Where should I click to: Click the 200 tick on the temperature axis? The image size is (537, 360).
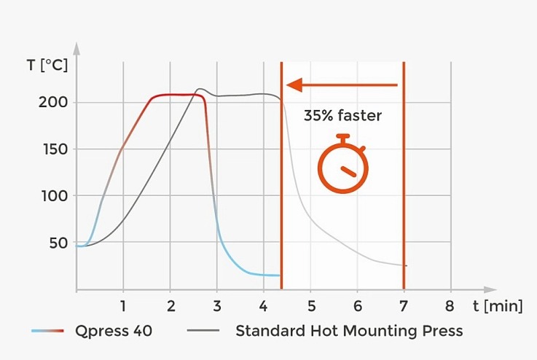[x=53, y=102]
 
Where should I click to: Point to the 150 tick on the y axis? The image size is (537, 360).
[x=53, y=149]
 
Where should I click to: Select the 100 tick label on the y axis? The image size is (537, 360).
[x=53, y=196]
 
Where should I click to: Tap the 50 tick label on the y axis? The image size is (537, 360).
[x=58, y=243]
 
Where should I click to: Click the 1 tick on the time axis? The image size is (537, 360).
[x=123, y=305]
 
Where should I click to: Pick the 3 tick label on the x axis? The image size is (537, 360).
[x=216, y=305]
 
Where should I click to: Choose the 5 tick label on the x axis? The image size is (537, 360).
[x=310, y=305]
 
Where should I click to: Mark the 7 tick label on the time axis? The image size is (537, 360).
[x=404, y=305]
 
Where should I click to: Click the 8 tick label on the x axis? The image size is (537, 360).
[x=450, y=305]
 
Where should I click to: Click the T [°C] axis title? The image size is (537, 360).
[x=47, y=65]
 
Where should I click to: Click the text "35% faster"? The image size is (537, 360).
[x=342, y=114]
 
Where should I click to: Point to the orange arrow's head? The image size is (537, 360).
[x=293, y=85]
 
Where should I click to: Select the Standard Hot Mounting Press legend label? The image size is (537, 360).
[x=349, y=331]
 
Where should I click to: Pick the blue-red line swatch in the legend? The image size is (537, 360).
[x=50, y=332]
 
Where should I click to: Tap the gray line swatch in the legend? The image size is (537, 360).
[x=203, y=332]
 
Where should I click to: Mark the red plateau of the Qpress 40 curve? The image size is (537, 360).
[x=175, y=95]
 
